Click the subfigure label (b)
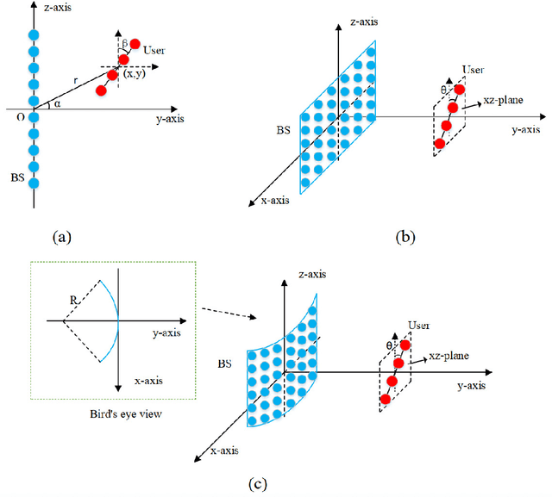point(404,235)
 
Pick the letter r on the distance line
point(75,78)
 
